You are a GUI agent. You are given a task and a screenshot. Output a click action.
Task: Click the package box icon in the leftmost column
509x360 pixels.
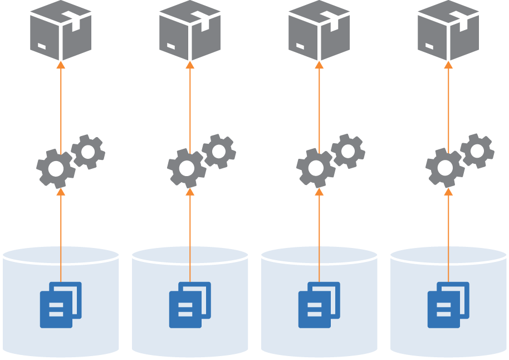coord(61,31)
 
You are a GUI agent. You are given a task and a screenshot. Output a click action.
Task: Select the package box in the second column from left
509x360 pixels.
coord(190,31)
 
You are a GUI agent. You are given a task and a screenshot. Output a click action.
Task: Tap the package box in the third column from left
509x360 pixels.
coord(319,31)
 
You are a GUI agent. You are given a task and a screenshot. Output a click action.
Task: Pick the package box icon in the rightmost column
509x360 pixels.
coord(448,31)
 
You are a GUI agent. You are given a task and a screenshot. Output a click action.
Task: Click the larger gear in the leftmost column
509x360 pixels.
coord(55,168)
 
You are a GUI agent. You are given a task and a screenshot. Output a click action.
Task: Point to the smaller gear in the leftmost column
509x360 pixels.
coord(88,151)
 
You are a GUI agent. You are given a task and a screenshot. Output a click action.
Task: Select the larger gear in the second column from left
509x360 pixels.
coord(186,168)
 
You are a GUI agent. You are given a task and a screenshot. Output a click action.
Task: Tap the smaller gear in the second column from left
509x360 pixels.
coord(218,151)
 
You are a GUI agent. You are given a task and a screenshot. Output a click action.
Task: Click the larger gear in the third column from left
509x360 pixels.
coord(315,167)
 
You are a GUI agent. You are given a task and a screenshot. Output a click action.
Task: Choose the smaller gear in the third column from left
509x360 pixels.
coord(348,150)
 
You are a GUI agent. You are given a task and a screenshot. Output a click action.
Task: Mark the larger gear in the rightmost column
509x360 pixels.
coord(444,167)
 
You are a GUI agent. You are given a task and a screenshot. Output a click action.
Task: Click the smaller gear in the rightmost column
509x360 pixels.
coord(477,150)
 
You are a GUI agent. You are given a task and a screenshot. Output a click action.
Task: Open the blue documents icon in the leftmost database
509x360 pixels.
coord(61,305)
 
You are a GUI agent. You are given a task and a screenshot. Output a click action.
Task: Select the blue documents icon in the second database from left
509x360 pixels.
coord(190,305)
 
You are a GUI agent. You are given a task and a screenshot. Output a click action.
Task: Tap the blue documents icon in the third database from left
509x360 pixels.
coord(319,305)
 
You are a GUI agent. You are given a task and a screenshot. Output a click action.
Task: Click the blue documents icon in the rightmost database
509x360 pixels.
coord(448,305)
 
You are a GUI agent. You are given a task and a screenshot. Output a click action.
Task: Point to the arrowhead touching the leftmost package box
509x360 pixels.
coord(61,65)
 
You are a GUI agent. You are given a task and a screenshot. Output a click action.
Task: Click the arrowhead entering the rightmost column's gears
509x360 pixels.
coord(448,192)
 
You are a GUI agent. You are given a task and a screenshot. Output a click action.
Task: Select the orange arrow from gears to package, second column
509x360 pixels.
coord(190,106)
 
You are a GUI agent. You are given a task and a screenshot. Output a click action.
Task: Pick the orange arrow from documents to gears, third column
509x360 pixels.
coord(319,234)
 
